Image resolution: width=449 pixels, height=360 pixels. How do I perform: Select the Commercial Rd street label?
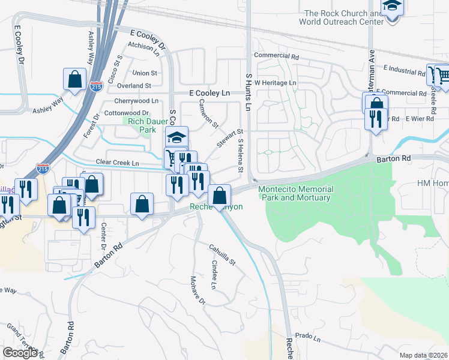click(276, 56)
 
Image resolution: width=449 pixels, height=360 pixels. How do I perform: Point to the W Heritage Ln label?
click(276, 82)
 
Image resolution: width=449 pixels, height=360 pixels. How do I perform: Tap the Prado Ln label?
click(309, 338)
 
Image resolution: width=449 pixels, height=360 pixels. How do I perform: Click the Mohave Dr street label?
click(198, 290)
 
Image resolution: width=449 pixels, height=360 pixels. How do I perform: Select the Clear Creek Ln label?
click(118, 163)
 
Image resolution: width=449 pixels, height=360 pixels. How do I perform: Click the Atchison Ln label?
click(144, 47)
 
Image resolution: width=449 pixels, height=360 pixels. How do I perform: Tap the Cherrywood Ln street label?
click(137, 101)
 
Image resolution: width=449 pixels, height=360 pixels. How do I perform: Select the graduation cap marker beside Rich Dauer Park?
click(176, 137)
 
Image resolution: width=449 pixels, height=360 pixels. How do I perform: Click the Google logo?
click(20, 353)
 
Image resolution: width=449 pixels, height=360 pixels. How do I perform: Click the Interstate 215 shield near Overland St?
click(96, 87)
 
